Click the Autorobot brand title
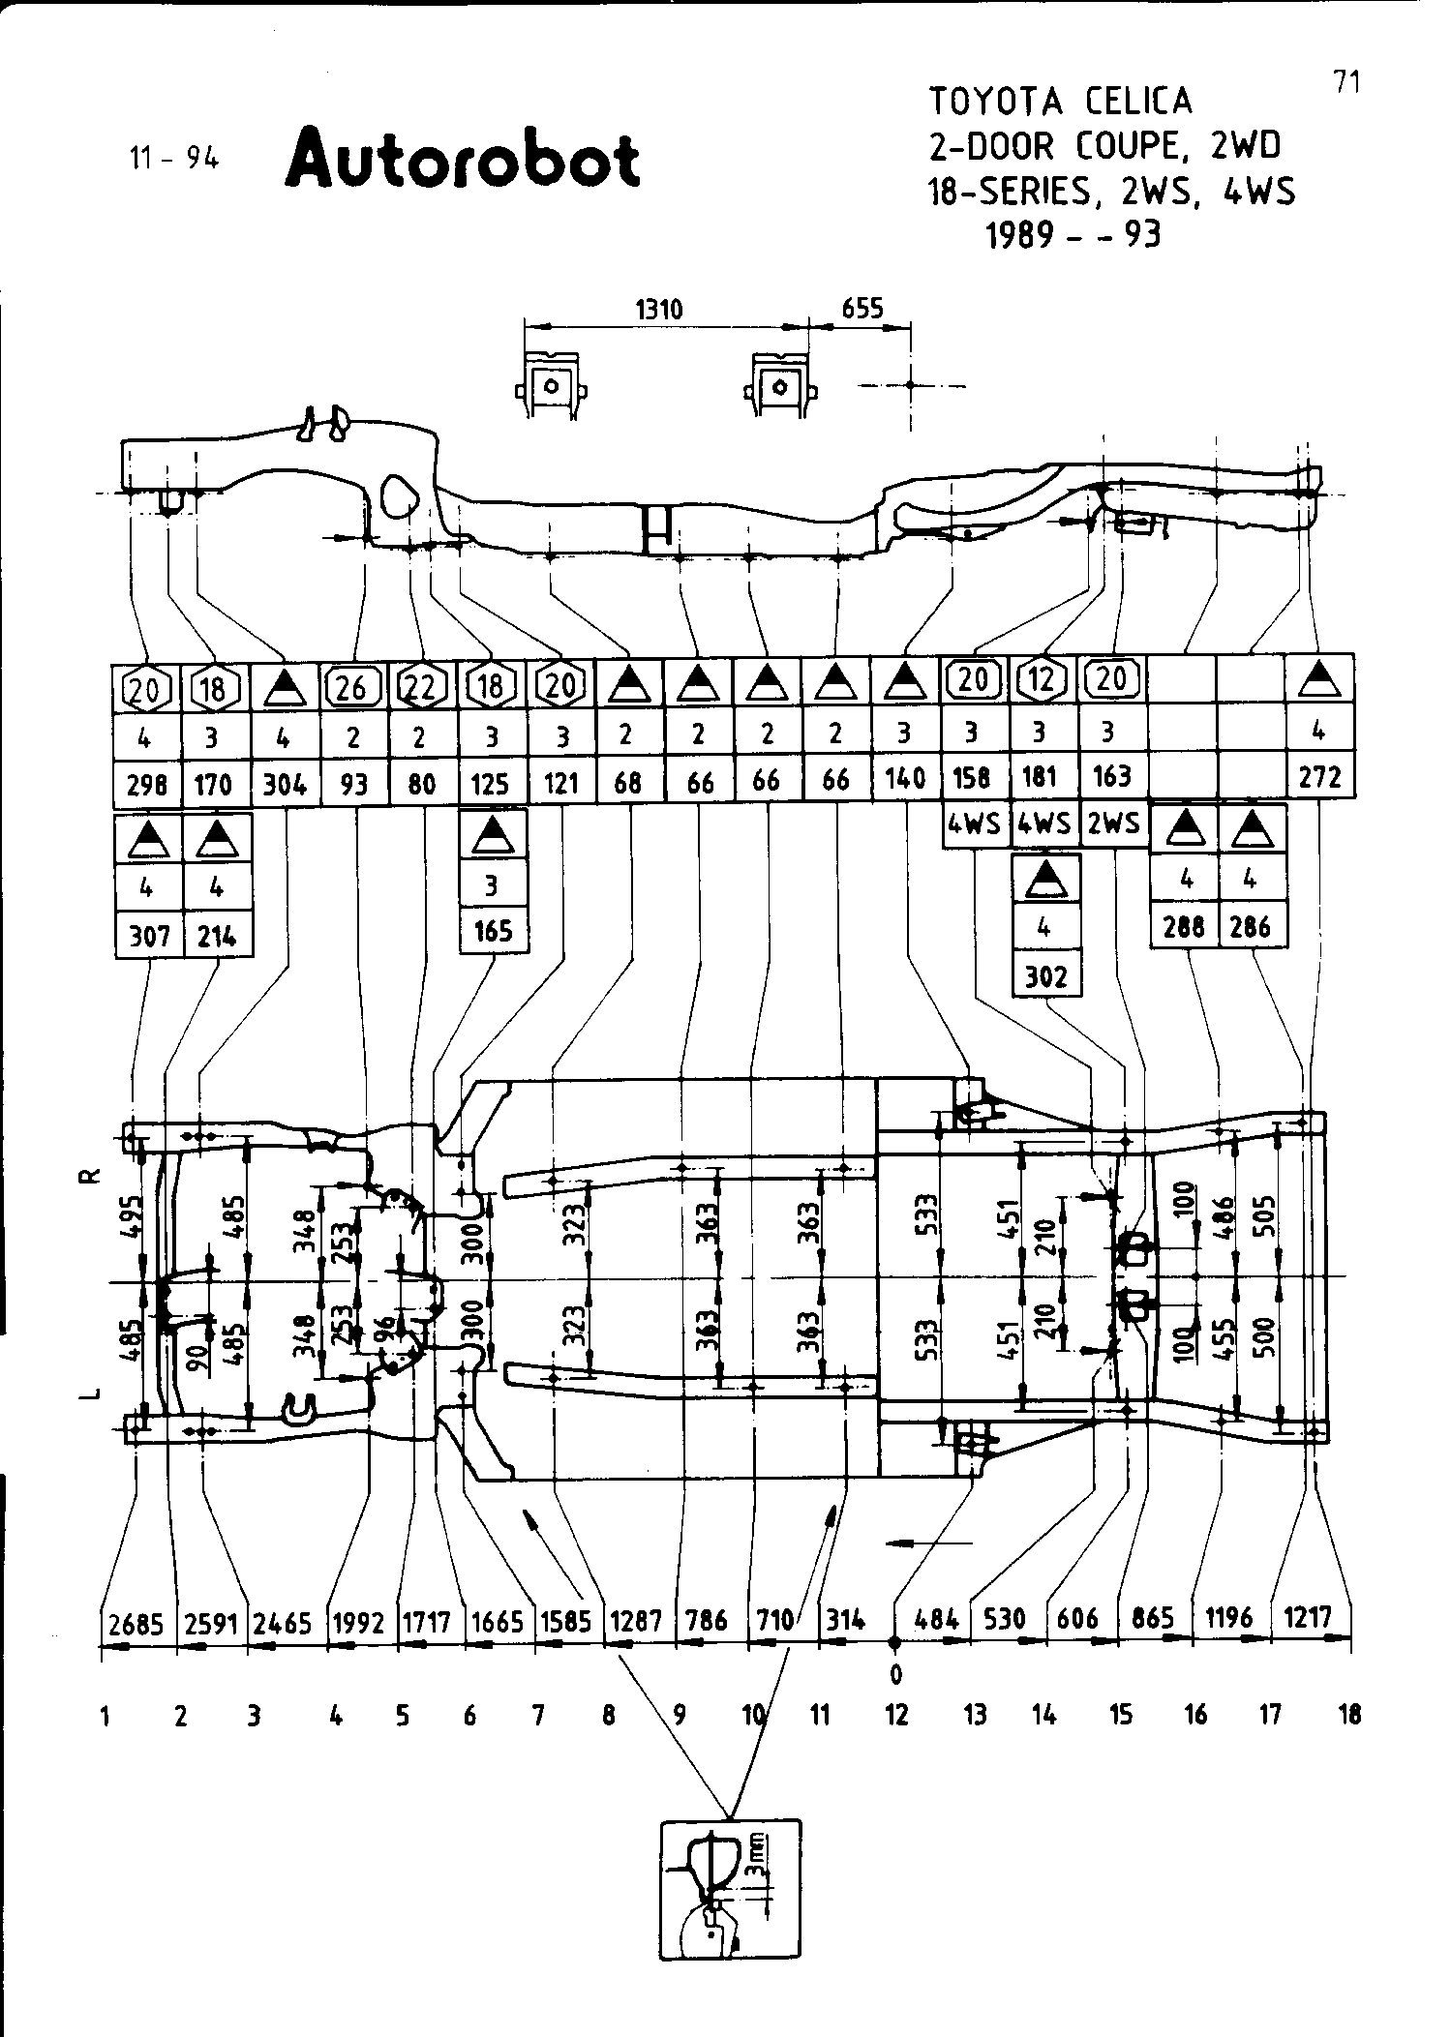point(462,159)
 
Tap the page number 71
point(1346,82)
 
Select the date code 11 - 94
point(174,159)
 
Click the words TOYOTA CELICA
point(1061,102)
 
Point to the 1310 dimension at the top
point(659,310)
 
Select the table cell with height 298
point(146,785)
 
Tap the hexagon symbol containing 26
point(352,687)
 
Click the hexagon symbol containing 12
point(1042,680)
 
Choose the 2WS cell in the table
point(1113,824)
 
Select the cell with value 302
point(1045,975)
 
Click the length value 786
point(706,1620)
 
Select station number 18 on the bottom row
point(1348,1716)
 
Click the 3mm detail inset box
point(731,1890)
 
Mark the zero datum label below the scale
point(895,1673)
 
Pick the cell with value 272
point(1320,776)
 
